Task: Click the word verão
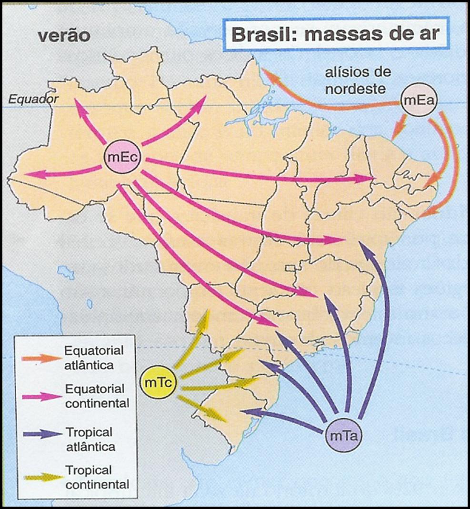[64, 36]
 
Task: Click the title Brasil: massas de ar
[335, 35]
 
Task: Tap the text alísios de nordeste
[358, 80]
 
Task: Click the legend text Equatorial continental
[97, 396]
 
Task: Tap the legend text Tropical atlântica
[90, 439]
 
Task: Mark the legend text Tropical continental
[97, 478]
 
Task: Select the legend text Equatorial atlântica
[94, 358]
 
